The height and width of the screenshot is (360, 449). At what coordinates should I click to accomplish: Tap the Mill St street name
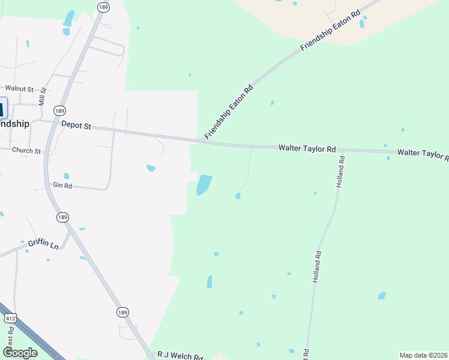[42, 97]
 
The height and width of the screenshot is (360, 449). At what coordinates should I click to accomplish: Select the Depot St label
[76, 126]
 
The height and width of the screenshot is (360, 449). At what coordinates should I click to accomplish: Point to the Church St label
[26, 151]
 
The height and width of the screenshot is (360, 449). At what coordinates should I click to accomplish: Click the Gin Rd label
[62, 186]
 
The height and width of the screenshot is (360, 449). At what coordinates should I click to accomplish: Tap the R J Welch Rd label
[179, 356]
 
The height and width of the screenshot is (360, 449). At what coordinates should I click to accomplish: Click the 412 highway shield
[10, 317]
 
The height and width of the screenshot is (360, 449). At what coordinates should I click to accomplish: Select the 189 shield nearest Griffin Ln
[62, 217]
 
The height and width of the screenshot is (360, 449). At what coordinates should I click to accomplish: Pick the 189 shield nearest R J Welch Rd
[122, 312]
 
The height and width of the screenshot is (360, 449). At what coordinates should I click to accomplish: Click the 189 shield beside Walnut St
[59, 111]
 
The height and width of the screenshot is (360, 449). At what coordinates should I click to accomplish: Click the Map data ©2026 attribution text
[423, 355]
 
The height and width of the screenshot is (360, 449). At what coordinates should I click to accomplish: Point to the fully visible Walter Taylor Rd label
[307, 148]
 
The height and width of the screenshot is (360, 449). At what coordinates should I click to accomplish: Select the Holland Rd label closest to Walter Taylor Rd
[341, 172]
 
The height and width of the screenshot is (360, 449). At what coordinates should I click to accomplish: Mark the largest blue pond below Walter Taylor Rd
[204, 185]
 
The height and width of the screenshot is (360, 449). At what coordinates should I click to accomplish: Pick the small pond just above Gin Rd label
[67, 176]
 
